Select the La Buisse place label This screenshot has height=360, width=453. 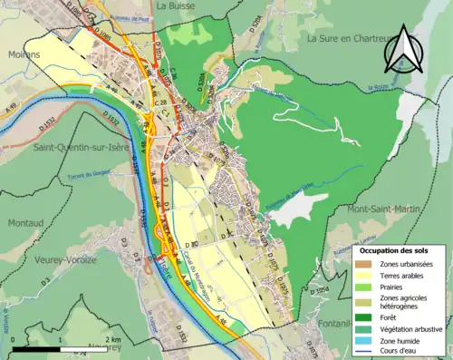(x=171, y=5)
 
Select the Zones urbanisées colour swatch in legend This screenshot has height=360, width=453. (x=362, y=265)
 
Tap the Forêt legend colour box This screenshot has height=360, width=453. (x=362, y=318)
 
